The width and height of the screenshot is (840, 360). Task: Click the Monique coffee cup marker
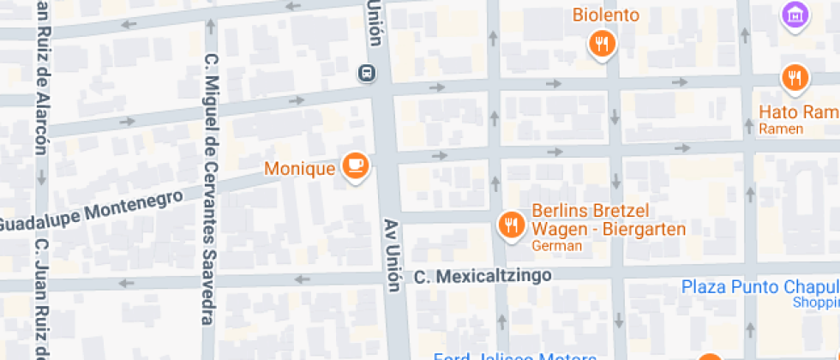[x=355, y=165]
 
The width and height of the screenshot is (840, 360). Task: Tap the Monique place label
[x=299, y=168]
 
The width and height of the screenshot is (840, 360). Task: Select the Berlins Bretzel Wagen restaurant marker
[x=512, y=225]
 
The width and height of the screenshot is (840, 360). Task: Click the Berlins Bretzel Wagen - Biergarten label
[x=609, y=220]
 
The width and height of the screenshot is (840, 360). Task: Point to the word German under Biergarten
[x=556, y=246]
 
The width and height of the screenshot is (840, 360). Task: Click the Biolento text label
[x=606, y=15]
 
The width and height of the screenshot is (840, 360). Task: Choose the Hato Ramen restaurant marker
[x=795, y=78]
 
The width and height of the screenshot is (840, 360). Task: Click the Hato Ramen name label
[x=798, y=112]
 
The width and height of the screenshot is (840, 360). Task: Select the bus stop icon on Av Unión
[x=367, y=74]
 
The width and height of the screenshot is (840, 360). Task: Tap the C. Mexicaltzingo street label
[x=482, y=276]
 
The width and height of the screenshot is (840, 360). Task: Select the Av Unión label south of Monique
[x=392, y=254]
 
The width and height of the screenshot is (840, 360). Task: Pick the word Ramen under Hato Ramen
[x=781, y=129]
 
